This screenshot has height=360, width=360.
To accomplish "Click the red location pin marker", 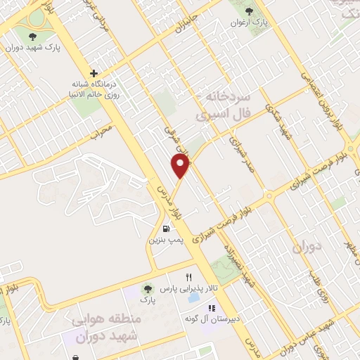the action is point(181,166).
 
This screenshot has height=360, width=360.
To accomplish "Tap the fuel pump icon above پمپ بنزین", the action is point(166,228).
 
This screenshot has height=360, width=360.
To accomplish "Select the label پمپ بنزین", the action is point(165,240).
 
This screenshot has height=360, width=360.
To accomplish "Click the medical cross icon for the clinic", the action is point(92,72).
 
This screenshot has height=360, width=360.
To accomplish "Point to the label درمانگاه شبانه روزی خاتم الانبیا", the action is point(94,88).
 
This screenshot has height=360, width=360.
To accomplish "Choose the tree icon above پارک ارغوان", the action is point(249,11).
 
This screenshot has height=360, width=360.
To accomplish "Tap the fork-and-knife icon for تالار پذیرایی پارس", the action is point(188,277).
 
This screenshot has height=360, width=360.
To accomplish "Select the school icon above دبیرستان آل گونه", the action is point(210,308).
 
